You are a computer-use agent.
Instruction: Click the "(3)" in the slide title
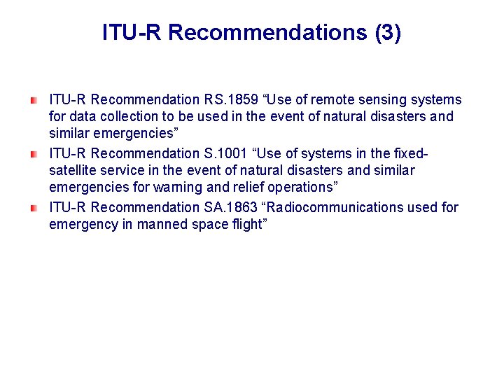pos(387,32)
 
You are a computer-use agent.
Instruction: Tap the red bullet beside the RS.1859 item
pos(34,101)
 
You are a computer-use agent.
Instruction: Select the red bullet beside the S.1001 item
pos(34,154)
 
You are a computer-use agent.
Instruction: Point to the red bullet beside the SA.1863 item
pos(34,208)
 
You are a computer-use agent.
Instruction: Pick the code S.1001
pos(225,153)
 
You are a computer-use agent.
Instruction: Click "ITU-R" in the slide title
pos(132,32)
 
